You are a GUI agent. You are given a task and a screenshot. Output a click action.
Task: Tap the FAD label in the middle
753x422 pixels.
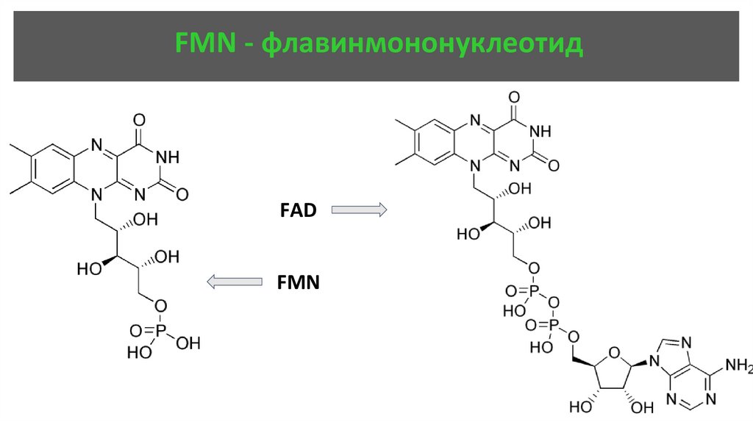pyautogui.click(x=298, y=211)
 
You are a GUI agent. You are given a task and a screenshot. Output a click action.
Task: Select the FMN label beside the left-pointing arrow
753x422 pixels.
pyautogui.click(x=298, y=282)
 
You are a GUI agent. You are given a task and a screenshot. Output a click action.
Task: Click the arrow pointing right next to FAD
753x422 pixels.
pyautogui.click(x=359, y=211)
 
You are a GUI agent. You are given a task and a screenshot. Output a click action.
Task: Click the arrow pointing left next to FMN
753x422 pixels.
pyautogui.click(x=235, y=282)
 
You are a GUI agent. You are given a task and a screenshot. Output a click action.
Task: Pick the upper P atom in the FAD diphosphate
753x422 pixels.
pyautogui.click(x=533, y=291)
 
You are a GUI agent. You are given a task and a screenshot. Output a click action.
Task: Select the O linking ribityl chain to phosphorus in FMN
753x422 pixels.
pyautogui.click(x=162, y=305)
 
